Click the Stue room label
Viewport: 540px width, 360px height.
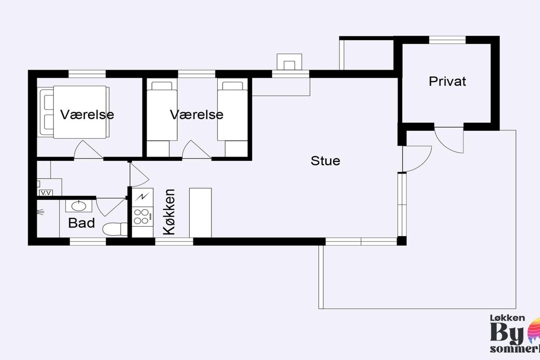coord(325,161)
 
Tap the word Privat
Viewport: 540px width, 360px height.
coord(447,82)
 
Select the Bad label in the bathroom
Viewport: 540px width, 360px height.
coord(82,223)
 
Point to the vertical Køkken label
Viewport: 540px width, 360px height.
coord(169,212)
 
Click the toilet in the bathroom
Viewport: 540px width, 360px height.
coord(114,229)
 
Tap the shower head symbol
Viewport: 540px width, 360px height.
coord(41,213)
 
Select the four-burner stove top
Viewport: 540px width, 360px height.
coord(141,216)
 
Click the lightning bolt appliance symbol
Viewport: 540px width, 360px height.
coord(142,197)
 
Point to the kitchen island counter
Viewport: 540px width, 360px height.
coord(200,212)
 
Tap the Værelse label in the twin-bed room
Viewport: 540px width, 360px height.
coord(197,114)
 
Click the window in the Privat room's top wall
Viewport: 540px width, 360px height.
coord(447,39)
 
